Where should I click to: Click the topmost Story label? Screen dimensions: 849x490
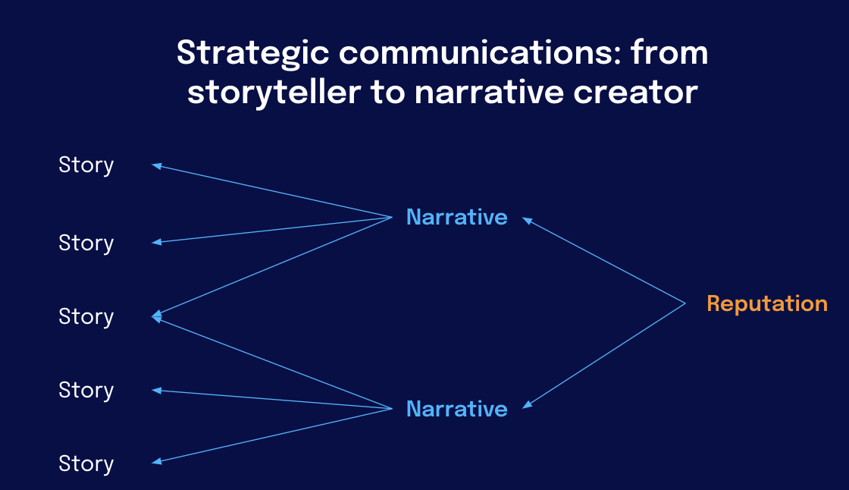[x=86, y=165]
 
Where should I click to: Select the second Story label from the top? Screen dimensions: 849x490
[x=86, y=243]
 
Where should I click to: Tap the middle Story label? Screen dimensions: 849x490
[x=86, y=317]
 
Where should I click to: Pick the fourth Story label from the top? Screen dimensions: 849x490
[x=86, y=391]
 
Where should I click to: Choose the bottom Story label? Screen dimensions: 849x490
[x=86, y=464]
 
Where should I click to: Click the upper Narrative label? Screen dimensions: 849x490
[x=457, y=218]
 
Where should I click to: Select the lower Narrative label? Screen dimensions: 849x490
[x=457, y=410]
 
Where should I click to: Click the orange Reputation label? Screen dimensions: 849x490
[x=767, y=304]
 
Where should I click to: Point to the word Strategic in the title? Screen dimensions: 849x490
[x=253, y=54]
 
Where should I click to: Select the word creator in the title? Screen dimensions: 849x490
[x=636, y=93]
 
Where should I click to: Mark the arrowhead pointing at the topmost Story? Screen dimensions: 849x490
[x=156, y=166]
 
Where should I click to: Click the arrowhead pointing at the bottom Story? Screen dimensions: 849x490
[x=156, y=461]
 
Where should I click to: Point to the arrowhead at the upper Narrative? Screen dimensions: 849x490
[x=528, y=221]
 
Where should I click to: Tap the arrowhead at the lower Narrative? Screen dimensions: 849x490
[x=528, y=404]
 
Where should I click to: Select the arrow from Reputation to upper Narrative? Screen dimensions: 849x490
[x=603, y=261]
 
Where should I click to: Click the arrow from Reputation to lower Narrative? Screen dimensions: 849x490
[x=603, y=356]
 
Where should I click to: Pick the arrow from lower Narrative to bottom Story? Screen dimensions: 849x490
[x=272, y=436]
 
